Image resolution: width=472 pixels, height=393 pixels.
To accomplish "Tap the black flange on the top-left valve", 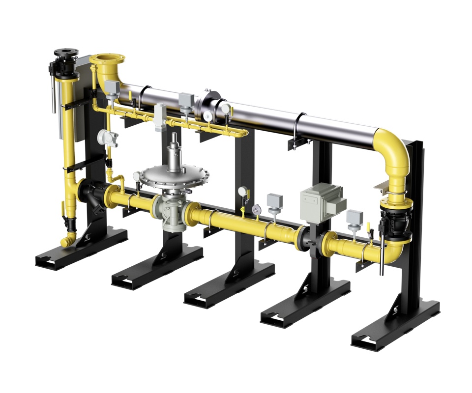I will (x=64, y=52).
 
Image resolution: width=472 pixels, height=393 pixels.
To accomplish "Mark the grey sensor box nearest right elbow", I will (x=354, y=217).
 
